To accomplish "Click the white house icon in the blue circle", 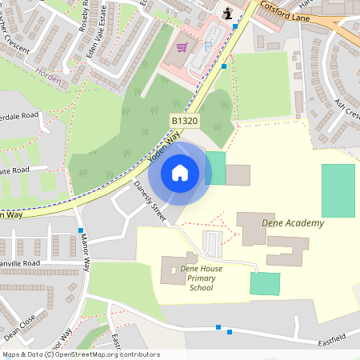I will tap(179, 172).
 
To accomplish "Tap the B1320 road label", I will tap(184, 121).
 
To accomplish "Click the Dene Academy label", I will tap(293, 223).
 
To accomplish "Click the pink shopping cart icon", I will tap(182, 47).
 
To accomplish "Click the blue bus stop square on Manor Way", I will tap(80, 230).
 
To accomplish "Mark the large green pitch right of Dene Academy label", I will tap(338, 190).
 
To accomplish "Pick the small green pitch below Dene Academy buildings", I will tap(265, 283).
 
